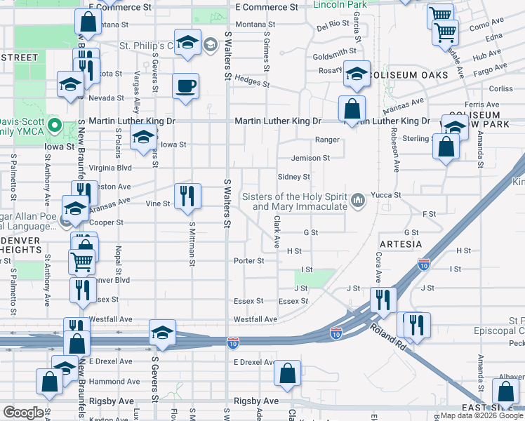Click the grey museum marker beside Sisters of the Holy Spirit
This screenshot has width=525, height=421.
coord(359,201)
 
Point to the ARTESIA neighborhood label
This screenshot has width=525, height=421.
coord(400,244)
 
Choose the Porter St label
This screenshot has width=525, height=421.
coord(249,261)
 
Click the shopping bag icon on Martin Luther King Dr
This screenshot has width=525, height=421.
coord(352,109)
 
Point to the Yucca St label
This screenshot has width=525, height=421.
coord(386,195)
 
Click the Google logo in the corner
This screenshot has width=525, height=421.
coord(23,413)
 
